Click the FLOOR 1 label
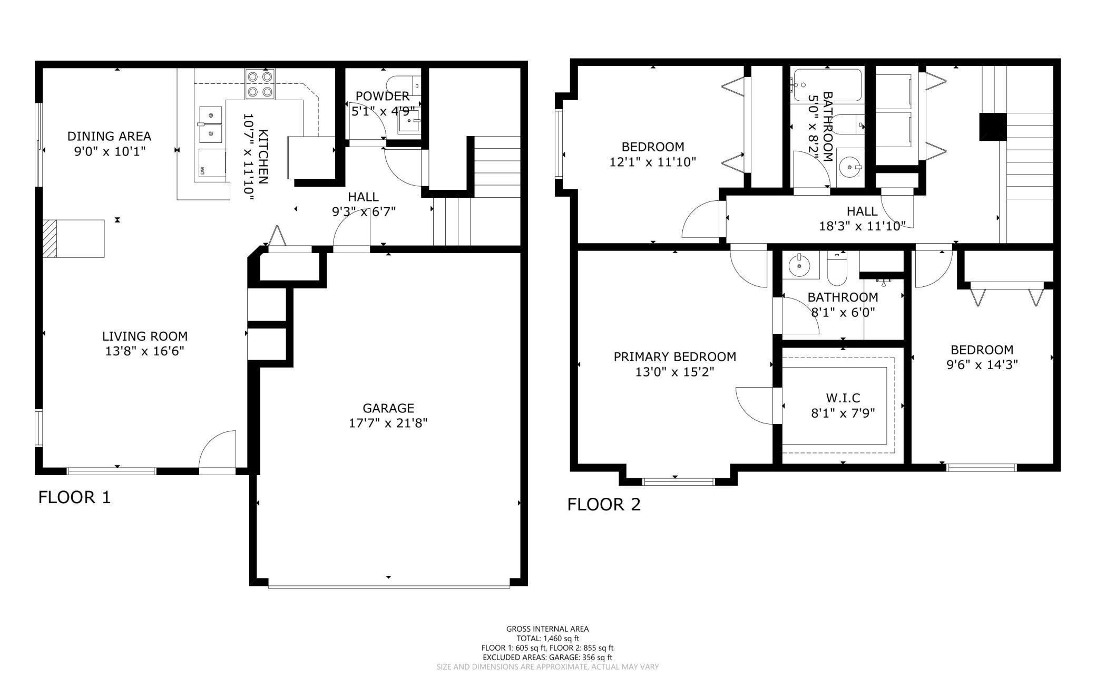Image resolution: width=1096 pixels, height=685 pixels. point(74,497)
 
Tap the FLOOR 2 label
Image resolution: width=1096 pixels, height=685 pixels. point(604,505)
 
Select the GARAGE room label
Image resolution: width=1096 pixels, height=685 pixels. point(388,408)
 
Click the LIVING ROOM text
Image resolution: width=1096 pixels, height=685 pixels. point(145,336)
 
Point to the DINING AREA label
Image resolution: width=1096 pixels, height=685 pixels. point(109,136)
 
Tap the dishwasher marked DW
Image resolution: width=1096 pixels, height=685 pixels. point(212,166)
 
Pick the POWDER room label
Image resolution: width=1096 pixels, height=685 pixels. point(383,97)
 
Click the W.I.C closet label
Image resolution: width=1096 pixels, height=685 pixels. point(843,398)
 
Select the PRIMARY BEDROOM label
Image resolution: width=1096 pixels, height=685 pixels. point(675,357)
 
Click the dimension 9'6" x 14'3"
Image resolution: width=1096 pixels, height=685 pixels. point(982,365)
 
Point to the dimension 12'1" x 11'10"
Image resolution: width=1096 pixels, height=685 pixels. point(653,162)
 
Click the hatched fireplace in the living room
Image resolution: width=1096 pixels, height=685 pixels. point(50,239)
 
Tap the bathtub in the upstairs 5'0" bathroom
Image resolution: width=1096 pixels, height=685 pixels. point(827,85)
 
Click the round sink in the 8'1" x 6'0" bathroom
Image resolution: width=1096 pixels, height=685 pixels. point(800,266)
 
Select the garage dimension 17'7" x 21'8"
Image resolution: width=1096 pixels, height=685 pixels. point(388,423)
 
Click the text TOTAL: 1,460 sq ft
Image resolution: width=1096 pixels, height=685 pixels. point(547,639)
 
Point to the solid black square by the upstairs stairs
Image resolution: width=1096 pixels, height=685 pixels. point(993,127)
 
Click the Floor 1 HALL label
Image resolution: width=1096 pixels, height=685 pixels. point(363,197)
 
